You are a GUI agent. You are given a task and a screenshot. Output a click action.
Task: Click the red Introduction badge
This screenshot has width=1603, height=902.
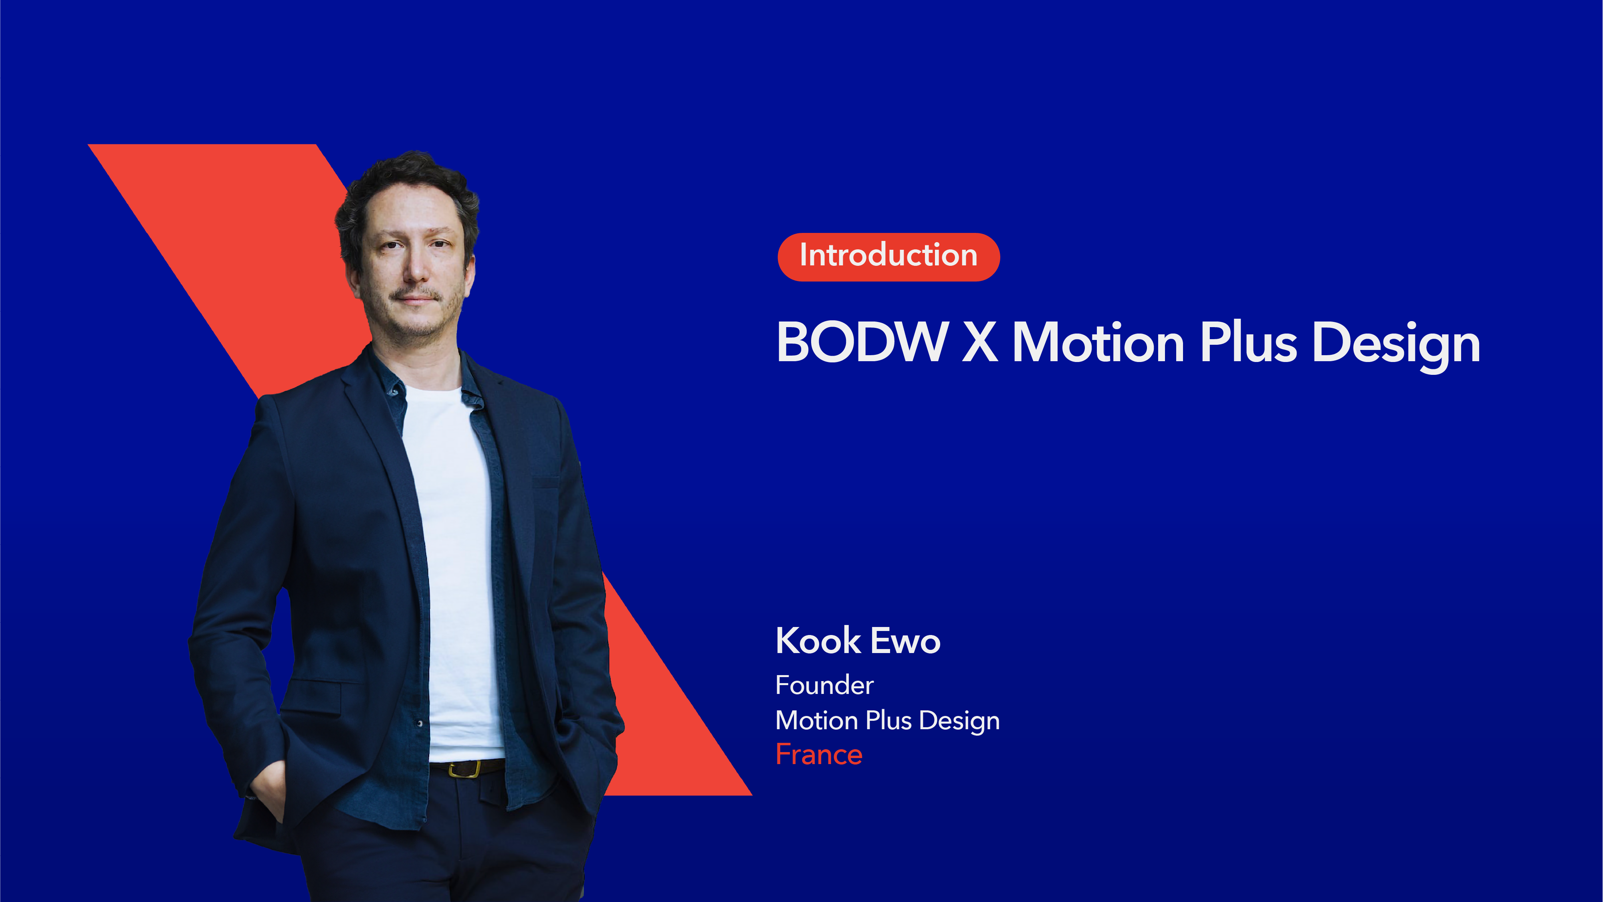click(x=888, y=257)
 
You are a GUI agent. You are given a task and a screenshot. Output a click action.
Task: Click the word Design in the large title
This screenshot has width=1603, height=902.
click(x=1396, y=346)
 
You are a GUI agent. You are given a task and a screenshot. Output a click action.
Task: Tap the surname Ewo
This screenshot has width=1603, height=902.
click(x=906, y=641)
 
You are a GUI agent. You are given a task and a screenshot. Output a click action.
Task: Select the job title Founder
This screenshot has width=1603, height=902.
click(x=824, y=686)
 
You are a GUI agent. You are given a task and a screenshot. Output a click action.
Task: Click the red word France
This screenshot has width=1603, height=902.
click(x=818, y=754)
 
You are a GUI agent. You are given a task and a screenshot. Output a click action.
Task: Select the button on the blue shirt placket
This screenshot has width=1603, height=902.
click(x=420, y=723)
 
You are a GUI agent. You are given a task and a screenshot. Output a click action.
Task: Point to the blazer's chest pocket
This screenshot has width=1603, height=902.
click(x=545, y=482)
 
